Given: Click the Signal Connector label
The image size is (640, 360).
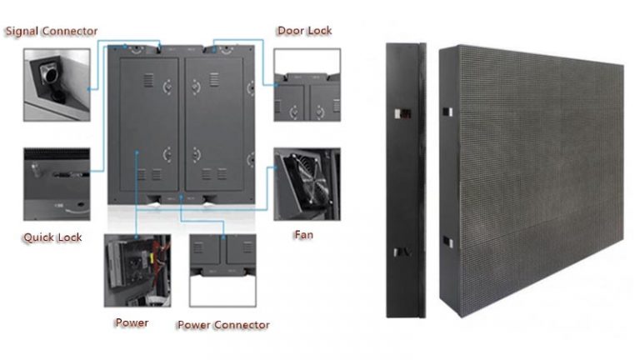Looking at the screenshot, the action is click(52, 31).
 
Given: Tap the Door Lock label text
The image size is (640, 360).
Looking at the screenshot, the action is click(304, 31).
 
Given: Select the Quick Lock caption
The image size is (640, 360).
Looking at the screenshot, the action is click(52, 237).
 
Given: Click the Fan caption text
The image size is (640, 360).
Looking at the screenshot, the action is click(303, 235).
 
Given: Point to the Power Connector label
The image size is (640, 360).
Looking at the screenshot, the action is click(223, 325).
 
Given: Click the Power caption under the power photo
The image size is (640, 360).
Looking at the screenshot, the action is click(132, 322).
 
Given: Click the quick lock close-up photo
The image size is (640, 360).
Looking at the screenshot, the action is click(57, 184).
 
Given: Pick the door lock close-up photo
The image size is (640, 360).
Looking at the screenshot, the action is click(307, 85).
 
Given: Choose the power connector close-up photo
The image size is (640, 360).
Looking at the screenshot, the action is click(222, 270).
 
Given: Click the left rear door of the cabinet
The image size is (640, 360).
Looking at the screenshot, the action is click(149, 124).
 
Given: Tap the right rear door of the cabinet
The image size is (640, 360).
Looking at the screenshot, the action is click(214, 124).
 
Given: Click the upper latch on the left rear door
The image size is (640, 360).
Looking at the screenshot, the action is click(167, 87).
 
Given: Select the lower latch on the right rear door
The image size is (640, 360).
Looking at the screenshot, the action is click(197, 154).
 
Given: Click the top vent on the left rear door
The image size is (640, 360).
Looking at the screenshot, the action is click(148, 80).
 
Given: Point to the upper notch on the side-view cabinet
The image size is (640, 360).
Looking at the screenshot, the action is click(402, 113).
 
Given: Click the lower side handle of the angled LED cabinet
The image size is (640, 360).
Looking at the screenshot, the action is click(447, 242).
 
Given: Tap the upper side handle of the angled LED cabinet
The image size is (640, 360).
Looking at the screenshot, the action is click(447, 112).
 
